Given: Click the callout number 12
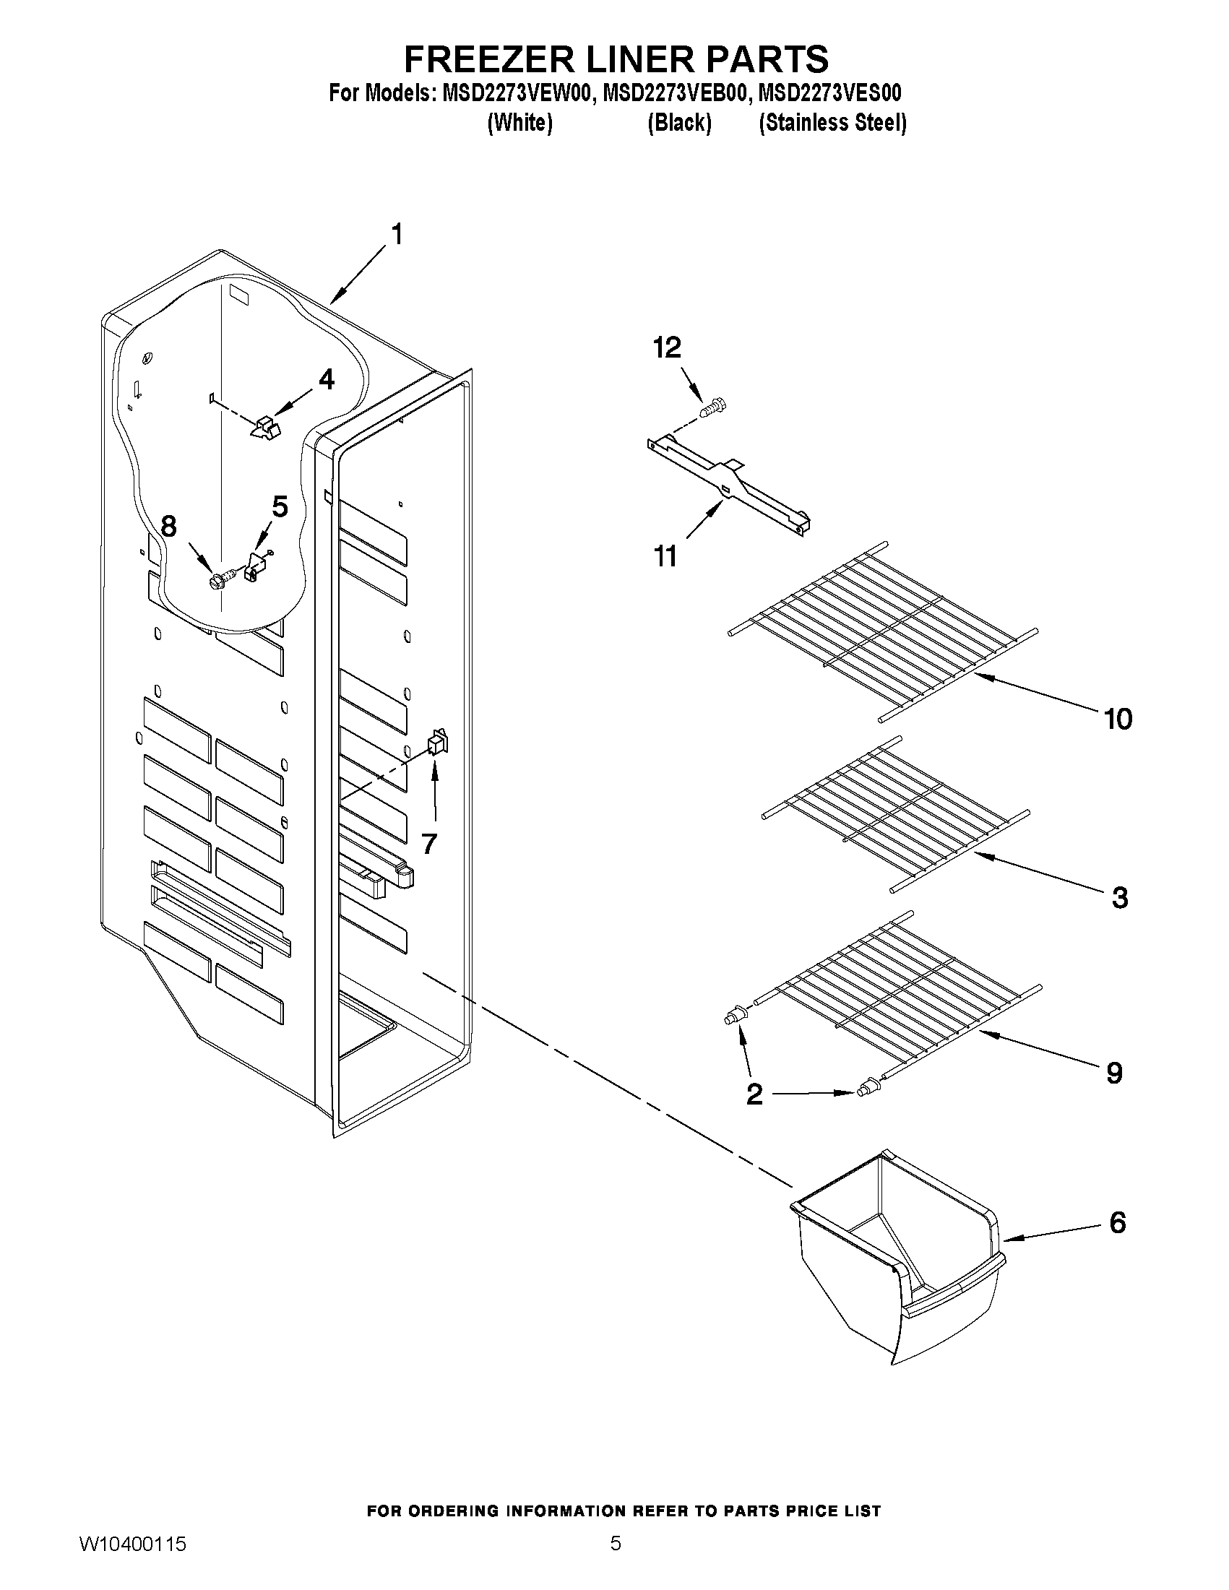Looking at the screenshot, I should click(667, 348).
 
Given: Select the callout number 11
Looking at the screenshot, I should click(665, 557).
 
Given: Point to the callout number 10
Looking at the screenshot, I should click(1118, 720).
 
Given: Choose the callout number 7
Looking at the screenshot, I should click(429, 844).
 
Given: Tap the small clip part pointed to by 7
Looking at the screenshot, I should click(438, 742).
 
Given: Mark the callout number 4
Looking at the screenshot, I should click(326, 379).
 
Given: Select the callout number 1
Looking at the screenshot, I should click(397, 235).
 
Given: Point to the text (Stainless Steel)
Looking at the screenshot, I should click(832, 122).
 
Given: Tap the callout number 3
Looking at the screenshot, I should click(1120, 898).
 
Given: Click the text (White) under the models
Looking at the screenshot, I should click(519, 122).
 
